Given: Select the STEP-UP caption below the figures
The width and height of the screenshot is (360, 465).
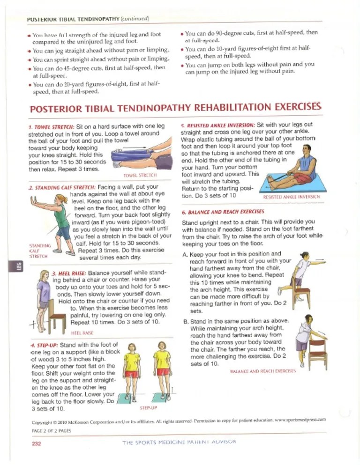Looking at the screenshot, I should click(148, 408).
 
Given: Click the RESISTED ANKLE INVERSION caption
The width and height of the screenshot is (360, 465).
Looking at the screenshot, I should click(291, 197).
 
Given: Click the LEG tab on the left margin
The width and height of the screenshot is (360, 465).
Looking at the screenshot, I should click(20, 267).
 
